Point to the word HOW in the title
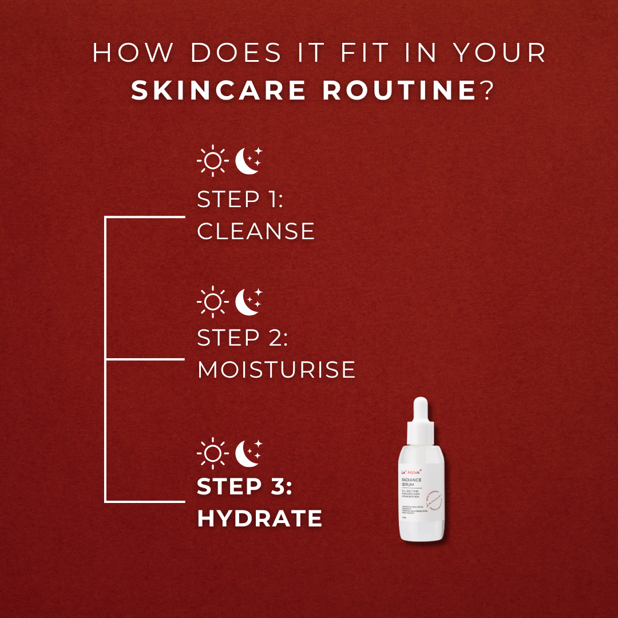click(133, 54)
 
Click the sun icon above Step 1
click(212, 161)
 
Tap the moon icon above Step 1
click(248, 160)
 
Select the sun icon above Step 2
click(212, 301)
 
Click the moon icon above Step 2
click(248, 300)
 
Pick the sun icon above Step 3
click(212, 453)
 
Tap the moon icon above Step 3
click(248, 452)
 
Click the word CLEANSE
click(256, 232)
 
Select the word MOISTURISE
click(276, 370)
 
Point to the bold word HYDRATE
click(260, 519)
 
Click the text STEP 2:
click(243, 338)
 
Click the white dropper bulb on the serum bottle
click(421, 408)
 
